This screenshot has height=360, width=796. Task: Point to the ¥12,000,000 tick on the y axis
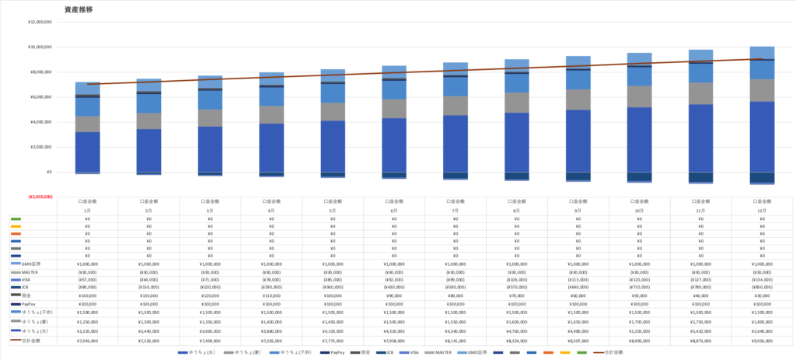pyautogui.click(x=39, y=22)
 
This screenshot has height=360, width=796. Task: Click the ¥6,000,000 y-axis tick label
pyautogui.click(x=40, y=97)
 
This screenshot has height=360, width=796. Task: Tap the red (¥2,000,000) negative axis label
pyautogui.click(x=40, y=197)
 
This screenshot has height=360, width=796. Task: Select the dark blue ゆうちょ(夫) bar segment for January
pyautogui.click(x=87, y=152)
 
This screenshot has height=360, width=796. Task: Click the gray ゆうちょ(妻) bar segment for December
pyautogui.click(x=762, y=89)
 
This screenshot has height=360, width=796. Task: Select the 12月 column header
pyautogui.click(x=762, y=211)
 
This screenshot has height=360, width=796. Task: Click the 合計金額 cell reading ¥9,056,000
pyautogui.click(x=762, y=341)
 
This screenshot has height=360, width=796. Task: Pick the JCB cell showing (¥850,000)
pyautogui.click(x=762, y=288)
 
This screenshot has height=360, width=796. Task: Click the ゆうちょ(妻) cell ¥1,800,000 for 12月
pyautogui.click(x=762, y=321)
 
